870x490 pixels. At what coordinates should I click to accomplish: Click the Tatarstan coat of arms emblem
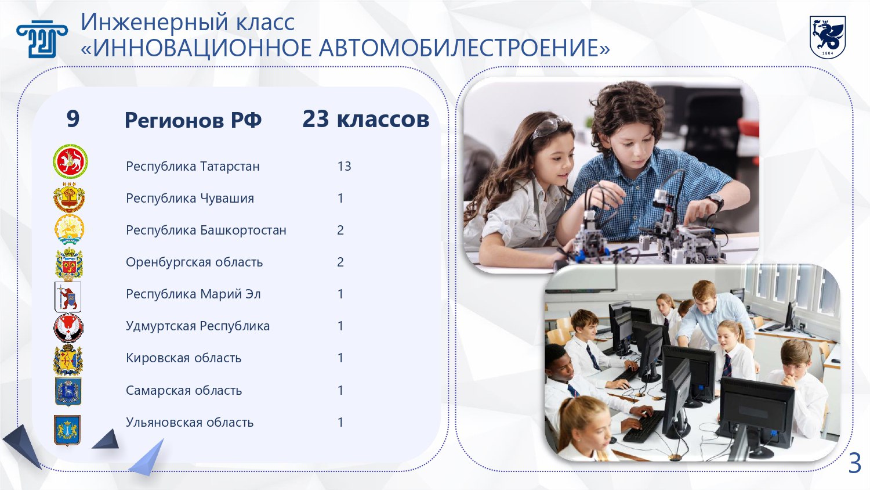70,161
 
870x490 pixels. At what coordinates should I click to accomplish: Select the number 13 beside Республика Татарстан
344,167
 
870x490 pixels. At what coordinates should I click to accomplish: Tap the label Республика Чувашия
190,199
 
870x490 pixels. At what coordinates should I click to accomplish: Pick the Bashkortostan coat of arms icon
69,229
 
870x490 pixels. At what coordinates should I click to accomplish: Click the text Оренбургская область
194,262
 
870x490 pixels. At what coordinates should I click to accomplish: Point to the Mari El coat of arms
68,297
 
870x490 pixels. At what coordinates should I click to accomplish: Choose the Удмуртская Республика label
198,326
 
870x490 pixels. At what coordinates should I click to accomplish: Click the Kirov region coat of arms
68,360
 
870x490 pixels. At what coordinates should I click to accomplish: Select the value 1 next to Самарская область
340,390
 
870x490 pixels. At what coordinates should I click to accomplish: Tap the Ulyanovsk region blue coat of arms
67,430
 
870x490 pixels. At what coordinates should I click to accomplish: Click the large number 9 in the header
73,118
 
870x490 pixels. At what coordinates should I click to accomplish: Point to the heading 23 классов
366,119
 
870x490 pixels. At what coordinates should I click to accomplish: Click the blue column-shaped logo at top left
42,38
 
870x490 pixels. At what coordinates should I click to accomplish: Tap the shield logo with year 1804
827,37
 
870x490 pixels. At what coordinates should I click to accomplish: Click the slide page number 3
854,463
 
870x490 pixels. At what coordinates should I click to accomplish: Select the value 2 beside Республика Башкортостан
340,230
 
